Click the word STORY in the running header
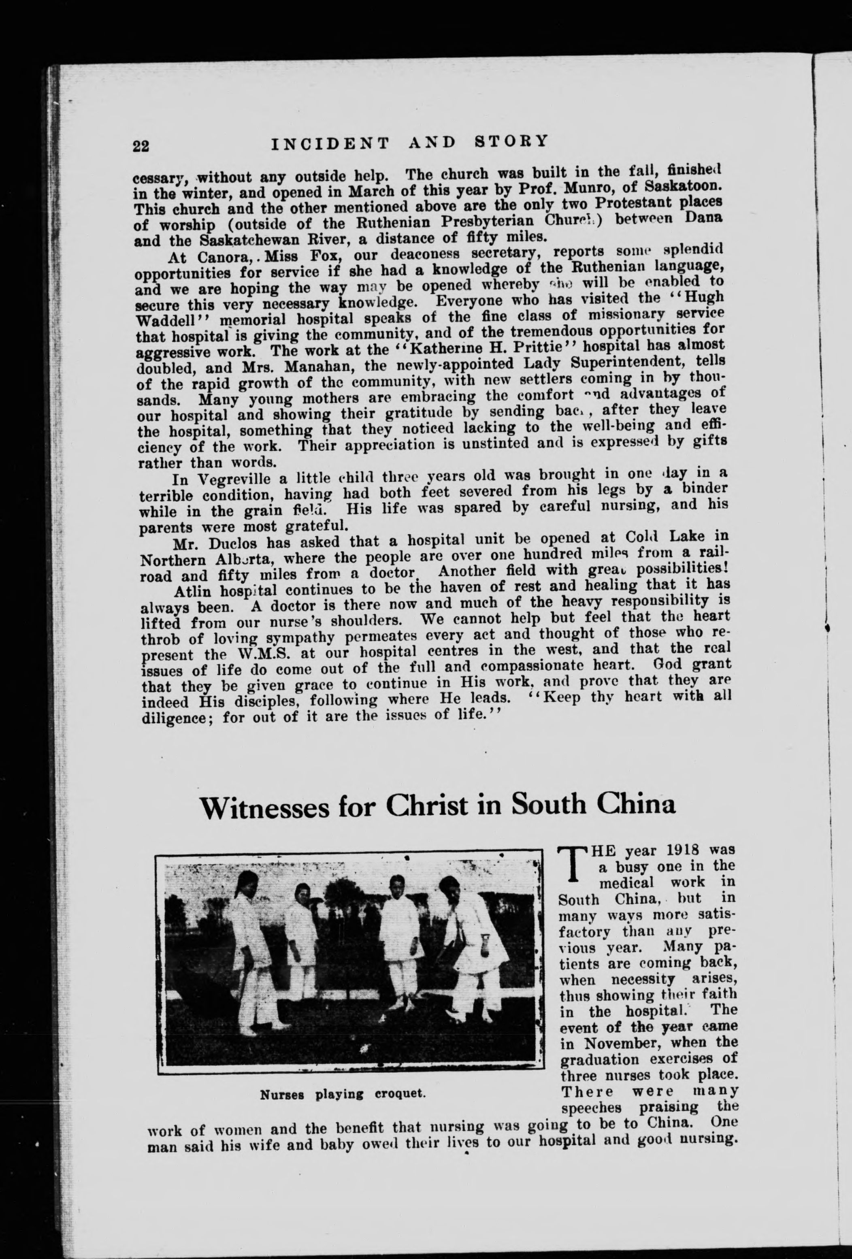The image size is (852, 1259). coord(511,141)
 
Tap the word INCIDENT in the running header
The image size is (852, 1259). coord(330,144)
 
